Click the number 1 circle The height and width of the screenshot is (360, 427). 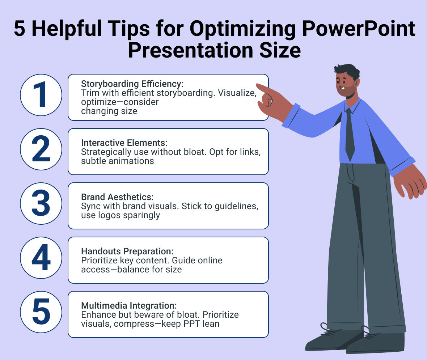41,95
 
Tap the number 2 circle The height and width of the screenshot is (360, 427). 41,149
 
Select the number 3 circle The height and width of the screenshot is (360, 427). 41,203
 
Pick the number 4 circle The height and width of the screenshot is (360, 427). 41,258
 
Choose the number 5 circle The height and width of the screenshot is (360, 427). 41,312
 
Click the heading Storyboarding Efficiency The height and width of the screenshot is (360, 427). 132,84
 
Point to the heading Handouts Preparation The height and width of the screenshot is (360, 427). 127,251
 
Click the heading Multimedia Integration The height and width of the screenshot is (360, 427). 128,305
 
